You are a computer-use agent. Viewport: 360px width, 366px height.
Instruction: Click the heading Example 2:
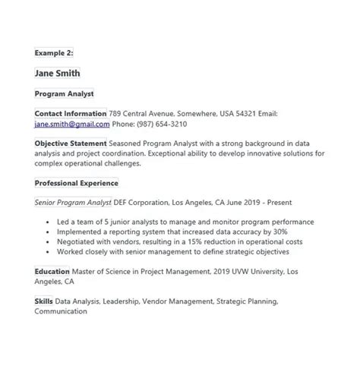pos(52,53)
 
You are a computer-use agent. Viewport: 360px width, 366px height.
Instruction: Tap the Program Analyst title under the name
pos(64,93)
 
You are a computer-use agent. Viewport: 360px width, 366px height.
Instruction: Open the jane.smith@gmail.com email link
pos(72,123)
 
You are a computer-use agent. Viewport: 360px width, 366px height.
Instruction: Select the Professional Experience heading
pos(76,183)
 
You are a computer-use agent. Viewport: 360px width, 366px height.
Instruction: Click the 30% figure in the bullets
pos(279,232)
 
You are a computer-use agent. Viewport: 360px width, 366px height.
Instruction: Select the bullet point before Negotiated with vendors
pos(49,241)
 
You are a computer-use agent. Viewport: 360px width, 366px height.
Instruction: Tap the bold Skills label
pos(44,301)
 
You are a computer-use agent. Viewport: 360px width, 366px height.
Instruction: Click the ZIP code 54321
pos(244,113)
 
